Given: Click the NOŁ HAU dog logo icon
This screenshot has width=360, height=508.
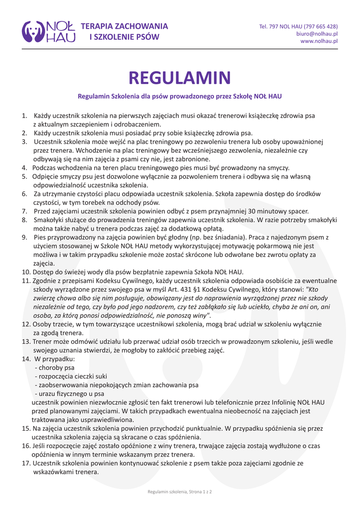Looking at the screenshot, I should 33,31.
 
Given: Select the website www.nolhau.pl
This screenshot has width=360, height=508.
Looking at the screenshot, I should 319,41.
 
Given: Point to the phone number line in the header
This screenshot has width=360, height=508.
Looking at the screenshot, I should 298,26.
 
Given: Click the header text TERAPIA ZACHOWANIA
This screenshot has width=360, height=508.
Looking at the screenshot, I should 124,26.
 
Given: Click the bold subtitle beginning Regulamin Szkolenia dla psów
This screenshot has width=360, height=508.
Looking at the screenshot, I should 180,96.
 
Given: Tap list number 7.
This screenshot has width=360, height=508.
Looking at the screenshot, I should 24,211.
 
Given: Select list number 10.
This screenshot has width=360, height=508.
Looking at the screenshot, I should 25,272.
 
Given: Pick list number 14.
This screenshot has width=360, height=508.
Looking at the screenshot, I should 25,358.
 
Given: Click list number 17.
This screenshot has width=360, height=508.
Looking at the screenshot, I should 25,463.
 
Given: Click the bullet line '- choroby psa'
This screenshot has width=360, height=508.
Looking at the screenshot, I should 55,367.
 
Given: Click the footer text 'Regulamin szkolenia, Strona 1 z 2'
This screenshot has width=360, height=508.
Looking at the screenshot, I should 180,492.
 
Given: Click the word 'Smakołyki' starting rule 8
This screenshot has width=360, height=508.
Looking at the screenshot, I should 50,220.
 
